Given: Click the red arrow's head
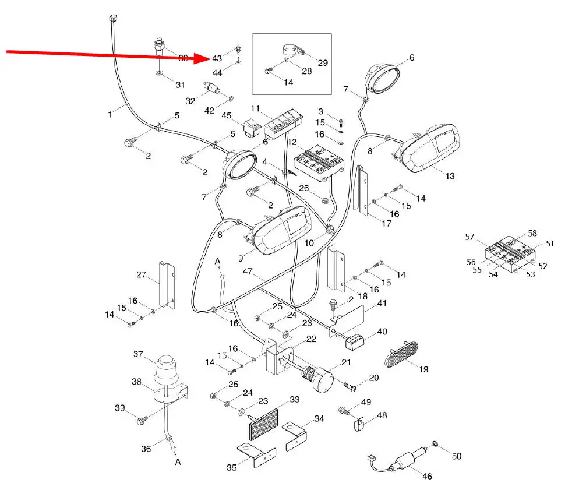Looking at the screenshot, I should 205,58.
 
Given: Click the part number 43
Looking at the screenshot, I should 217,58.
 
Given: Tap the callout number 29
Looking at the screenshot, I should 323,62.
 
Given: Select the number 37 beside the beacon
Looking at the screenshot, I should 138,354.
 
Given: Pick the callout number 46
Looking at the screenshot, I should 427,476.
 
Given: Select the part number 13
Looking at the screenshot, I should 450,176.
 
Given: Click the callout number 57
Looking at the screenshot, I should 470,237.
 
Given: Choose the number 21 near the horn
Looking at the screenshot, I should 346,362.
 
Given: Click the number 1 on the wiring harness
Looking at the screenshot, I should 110,114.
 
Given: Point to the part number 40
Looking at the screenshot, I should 382,331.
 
